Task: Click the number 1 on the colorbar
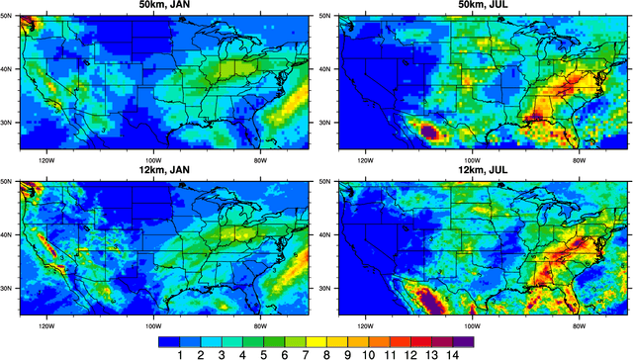pyautogui.click(x=180, y=354)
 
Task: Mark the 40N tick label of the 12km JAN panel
pyautogui.click(x=10, y=234)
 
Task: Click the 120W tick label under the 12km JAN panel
pyautogui.click(x=45, y=323)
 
